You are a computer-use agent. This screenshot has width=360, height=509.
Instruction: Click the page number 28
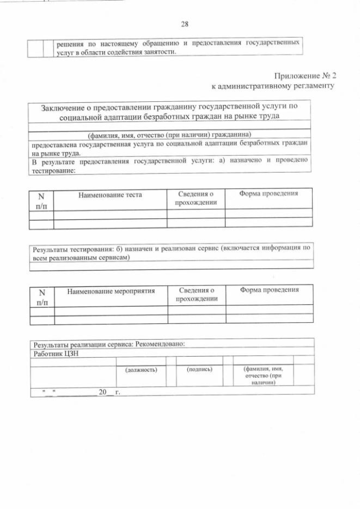click(x=184, y=24)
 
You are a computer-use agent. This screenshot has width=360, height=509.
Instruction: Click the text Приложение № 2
click(x=304, y=75)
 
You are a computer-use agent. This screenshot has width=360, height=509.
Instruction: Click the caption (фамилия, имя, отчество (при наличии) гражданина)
click(x=169, y=134)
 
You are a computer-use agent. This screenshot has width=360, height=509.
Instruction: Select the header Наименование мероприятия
click(x=110, y=291)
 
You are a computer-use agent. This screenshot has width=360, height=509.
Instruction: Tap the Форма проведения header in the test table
click(x=268, y=193)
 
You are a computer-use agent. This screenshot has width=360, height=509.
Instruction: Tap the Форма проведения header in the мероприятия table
click(x=269, y=290)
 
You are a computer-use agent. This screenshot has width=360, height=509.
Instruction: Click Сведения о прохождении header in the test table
click(x=196, y=198)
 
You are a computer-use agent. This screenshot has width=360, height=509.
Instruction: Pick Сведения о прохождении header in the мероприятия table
click(x=196, y=294)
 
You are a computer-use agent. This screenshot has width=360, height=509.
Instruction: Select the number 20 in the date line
click(x=102, y=391)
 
